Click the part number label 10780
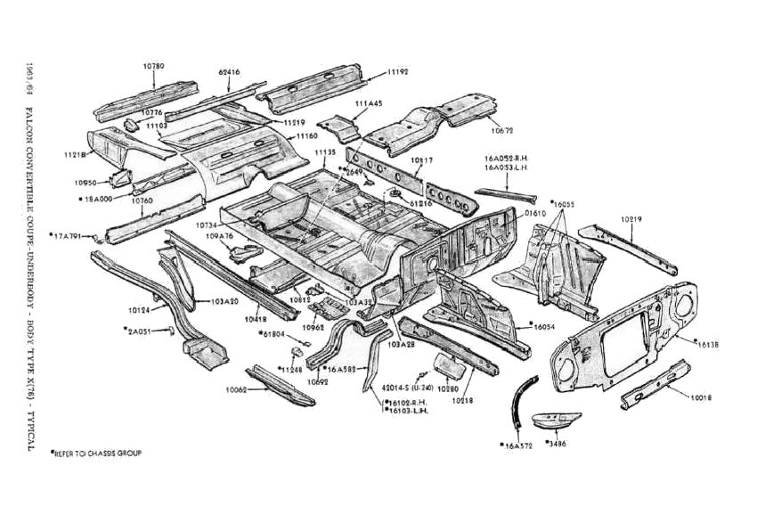(x=154, y=66)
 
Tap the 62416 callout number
(x=230, y=70)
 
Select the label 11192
(x=398, y=71)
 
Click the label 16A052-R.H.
(x=509, y=158)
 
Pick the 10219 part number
(x=632, y=218)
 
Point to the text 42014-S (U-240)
(x=407, y=388)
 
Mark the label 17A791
(x=68, y=236)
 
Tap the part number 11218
(x=75, y=154)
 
